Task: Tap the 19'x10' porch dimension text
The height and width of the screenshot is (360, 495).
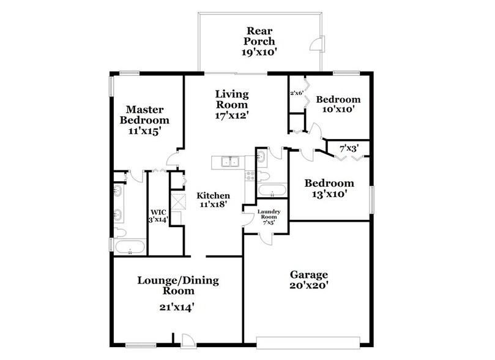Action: (x=260, y=53)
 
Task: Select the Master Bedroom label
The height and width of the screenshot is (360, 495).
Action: (x=144, y=114)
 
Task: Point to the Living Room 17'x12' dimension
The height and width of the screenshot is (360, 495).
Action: (x=232, y=114)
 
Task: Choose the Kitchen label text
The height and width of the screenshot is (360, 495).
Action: (x=213, y=196)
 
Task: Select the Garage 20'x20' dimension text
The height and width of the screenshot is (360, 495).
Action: (x=310, y=286)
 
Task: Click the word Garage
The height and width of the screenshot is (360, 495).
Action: (x=310, y=274)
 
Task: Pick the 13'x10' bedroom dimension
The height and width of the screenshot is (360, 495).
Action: (x=330, y=194)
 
